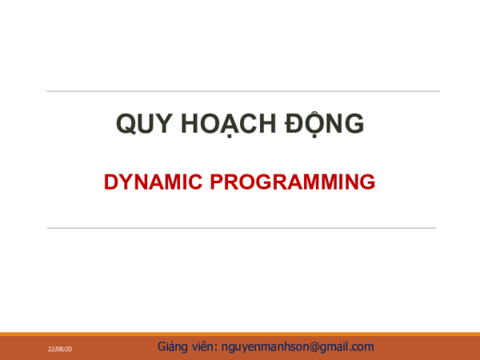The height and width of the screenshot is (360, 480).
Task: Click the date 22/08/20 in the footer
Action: [x=59, y=350]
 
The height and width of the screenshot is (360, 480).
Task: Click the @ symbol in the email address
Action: [x=315, y=347]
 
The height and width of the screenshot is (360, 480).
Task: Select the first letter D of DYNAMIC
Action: [x=110, y=182]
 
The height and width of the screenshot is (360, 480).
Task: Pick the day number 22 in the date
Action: [x=50, y=350]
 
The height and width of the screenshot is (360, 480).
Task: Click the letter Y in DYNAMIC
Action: [x=123, y=182]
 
